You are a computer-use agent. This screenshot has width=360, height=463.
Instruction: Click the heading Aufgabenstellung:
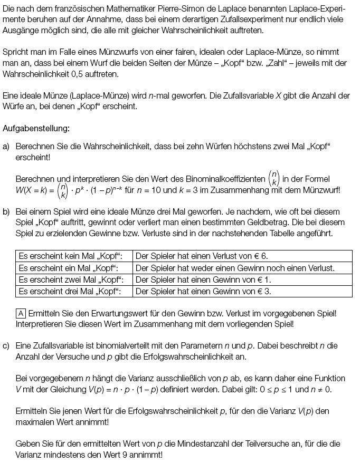[x=35, y=128]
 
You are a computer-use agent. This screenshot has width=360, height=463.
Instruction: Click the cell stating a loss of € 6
[x=202, y=256]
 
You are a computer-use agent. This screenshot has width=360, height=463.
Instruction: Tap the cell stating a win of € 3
[x=203, y=291]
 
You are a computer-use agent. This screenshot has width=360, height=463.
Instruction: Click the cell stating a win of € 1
[x=203, y=279]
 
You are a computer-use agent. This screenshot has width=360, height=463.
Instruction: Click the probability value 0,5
[x=100, y=74]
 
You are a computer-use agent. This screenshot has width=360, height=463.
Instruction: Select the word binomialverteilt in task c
[x=125, y=345]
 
